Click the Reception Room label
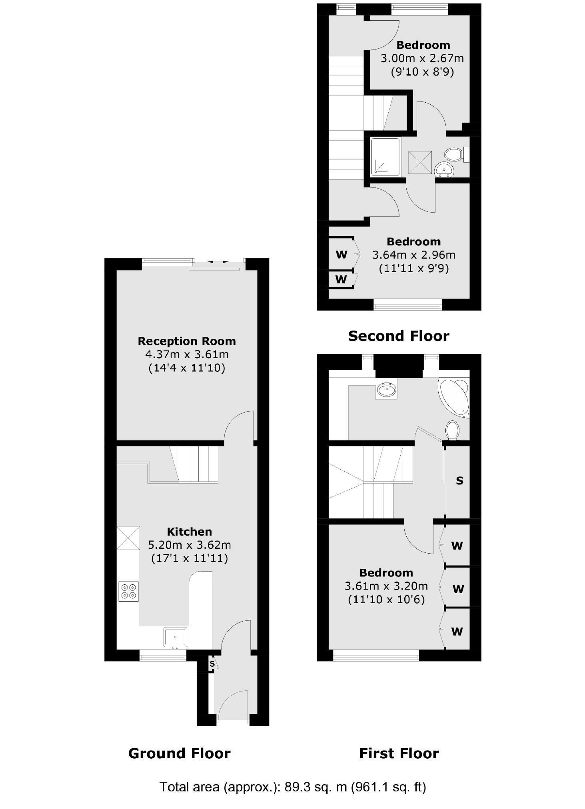coord(187,341)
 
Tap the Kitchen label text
coord(189,532)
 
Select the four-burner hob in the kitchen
coord(129,591)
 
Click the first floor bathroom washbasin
coord(387,389)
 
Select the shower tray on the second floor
coord(385,157)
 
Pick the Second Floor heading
coord(398,336)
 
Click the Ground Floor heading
coord(179,753)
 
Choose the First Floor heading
coord(399,753)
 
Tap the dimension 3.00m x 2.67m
coord(422,58)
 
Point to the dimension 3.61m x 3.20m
coord(386,586)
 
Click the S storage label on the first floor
coord(459,481)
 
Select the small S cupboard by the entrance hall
coord(212,664)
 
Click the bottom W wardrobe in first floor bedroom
coord(457,632)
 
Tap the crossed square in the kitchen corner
coord(128,538)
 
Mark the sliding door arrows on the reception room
coord(218,262)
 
